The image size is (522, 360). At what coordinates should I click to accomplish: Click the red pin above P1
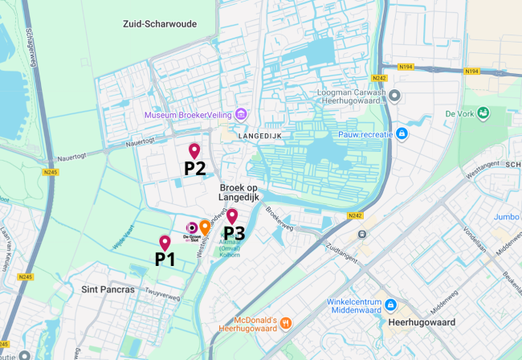coord(165,242)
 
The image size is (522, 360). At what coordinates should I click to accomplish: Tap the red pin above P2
coord(194,150)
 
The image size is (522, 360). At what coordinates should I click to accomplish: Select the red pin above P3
coord(231,215)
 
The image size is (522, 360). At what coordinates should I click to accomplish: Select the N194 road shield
coord(472,71)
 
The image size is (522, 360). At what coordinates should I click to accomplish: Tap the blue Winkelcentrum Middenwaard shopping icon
coord(390,305)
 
